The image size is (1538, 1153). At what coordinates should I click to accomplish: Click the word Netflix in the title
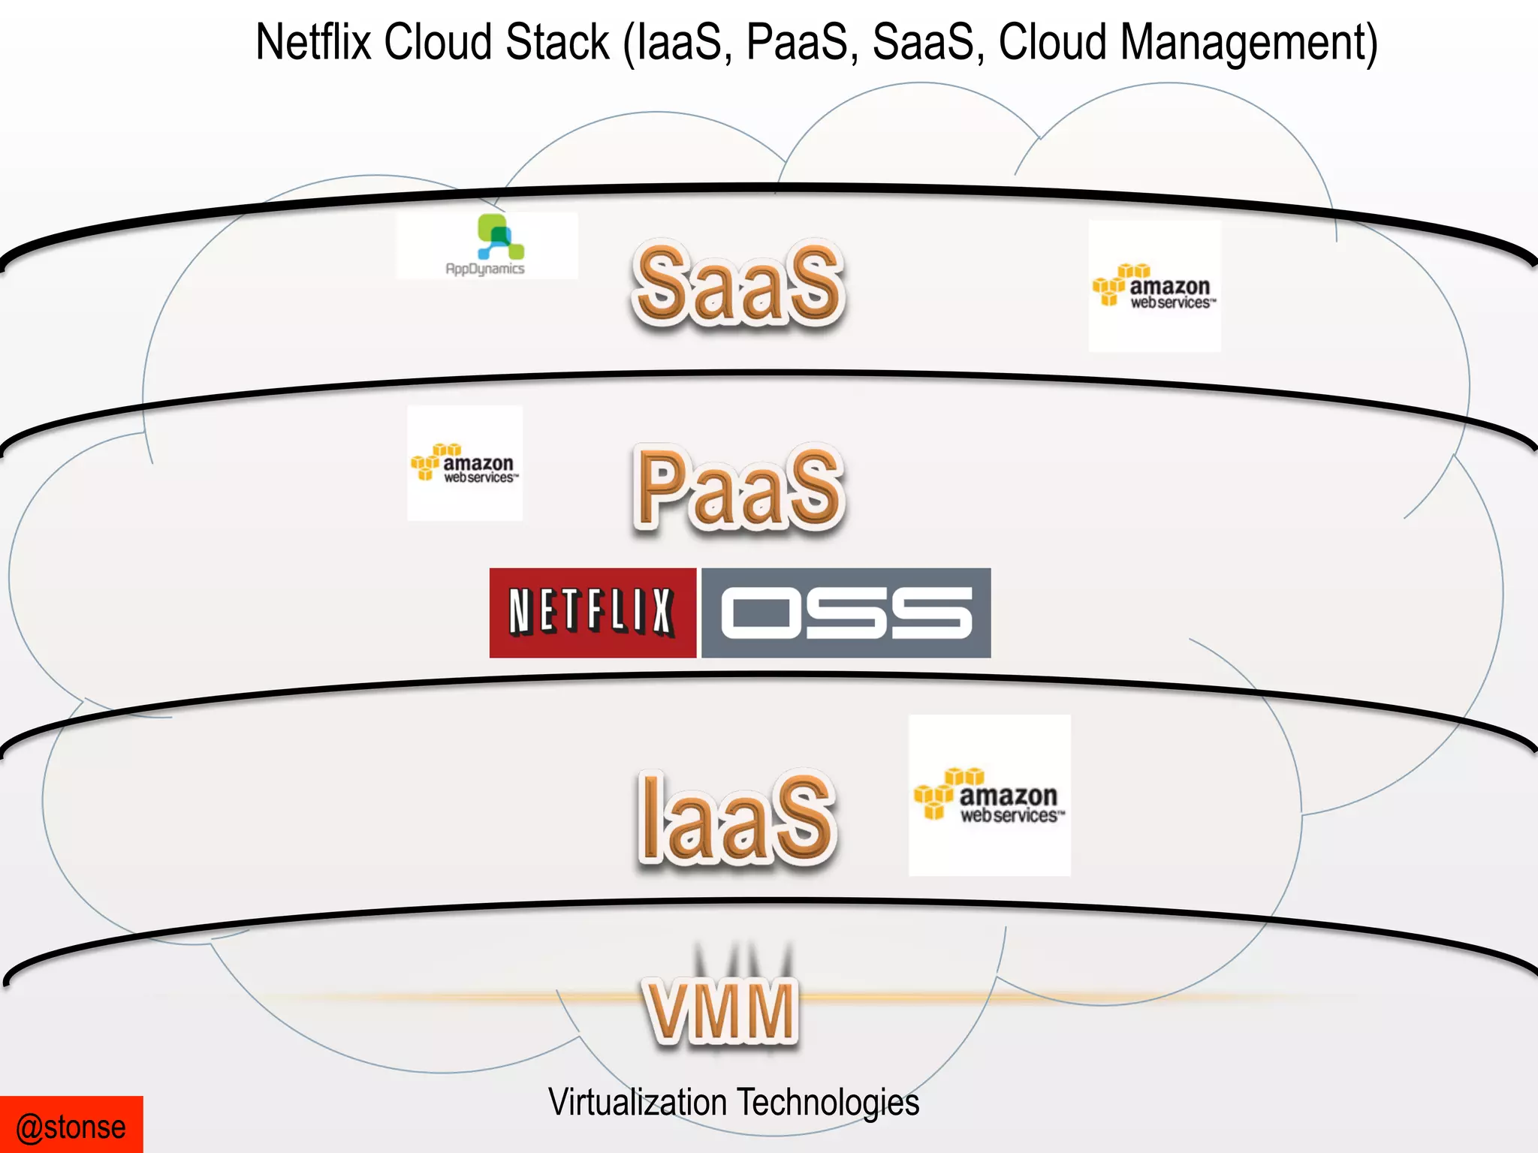coord(313,42)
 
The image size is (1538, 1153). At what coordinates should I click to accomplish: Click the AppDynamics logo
coord(487,246)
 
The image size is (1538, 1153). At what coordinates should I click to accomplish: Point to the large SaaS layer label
coord(739,285)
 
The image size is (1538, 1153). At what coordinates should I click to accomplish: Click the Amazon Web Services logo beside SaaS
coord(1154,287)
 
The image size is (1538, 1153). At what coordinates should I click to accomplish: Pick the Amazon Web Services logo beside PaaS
coord(465,463)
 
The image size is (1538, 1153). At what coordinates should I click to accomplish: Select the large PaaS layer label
coord(739,488)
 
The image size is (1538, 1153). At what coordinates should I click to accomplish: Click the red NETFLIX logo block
coord(593,613)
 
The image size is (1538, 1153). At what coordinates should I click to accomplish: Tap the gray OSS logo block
coord(846,613)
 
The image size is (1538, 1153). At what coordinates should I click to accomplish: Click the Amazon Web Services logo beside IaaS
coord(990,796)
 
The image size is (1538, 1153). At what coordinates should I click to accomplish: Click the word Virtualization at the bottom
coord(638,1102)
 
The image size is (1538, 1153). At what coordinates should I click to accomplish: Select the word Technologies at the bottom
coord(828,1102)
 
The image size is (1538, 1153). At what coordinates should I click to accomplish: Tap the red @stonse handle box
coord(71,1124)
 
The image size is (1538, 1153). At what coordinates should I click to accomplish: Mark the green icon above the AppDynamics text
coord(499,236)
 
